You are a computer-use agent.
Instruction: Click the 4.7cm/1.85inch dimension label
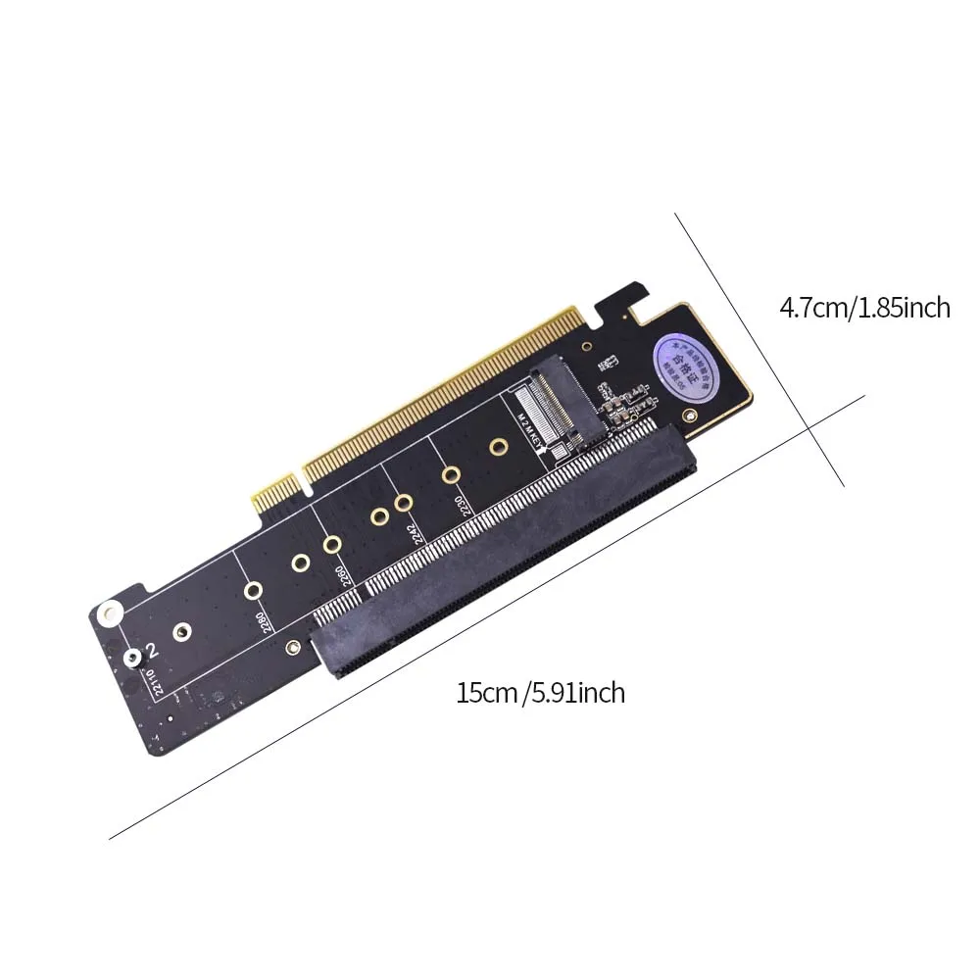coord(864,308)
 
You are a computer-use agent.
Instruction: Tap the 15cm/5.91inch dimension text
coord(540,693)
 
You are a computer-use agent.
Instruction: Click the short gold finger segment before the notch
coord(276,491)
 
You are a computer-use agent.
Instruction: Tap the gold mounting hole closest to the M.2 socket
coord(498,449)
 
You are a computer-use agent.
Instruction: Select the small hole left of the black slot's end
coord(292,648)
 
